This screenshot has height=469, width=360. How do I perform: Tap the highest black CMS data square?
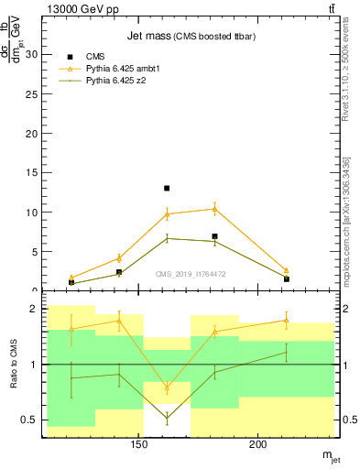tap(167, 188)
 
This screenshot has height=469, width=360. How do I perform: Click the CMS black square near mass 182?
tap(214, 236)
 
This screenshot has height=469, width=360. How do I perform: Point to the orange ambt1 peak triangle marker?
tap(214, 209)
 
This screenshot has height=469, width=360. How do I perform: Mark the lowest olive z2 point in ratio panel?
tap(167, 418)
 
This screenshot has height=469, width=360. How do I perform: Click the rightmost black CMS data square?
tap(287, 278)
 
